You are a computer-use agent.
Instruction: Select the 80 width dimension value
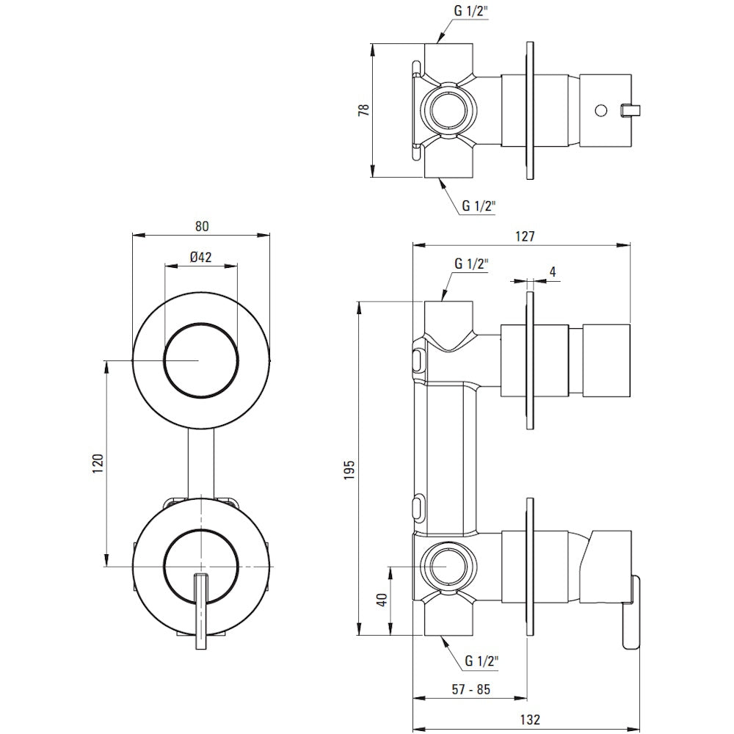coord(200,226)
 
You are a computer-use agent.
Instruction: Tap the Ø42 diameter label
coord(200,257)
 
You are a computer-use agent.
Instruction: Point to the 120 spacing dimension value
coord(98,463)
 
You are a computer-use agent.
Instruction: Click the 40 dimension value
coord(381,600)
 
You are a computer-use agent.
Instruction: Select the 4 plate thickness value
coord(552,272)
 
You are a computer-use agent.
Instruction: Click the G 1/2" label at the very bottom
coord(482,662)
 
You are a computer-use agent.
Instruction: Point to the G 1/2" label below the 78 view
coord(479,206)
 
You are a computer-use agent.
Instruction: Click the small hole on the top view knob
coord(601,111)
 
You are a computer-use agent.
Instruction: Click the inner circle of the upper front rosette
coord(200,360)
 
